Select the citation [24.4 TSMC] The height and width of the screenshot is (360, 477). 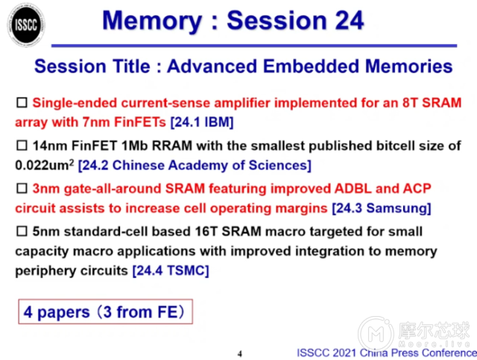(x=170, y=271)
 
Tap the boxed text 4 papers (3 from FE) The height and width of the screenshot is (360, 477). (x=105, y=311)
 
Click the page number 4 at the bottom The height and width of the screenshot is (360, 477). (x=239, y=353)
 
